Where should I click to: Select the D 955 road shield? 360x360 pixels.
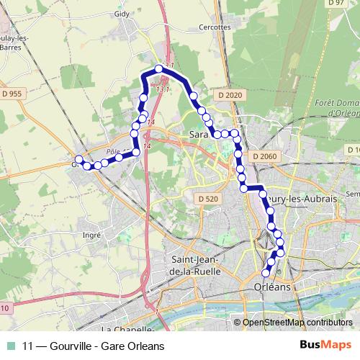tap(17, 94)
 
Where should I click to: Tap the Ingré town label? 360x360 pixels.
tap(92, 235)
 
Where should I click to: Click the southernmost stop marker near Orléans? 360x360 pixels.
tap(266, 273)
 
